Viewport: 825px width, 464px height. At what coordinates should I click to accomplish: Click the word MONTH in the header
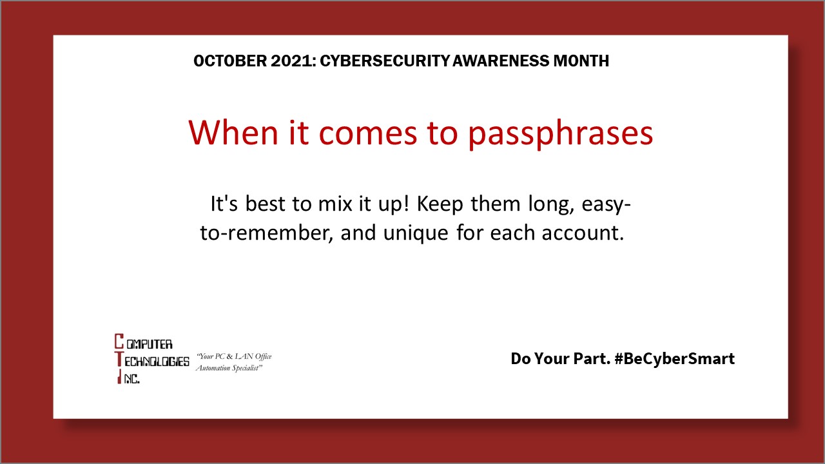click(581, 61)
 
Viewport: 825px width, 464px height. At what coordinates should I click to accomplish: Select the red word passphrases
click(560, 133)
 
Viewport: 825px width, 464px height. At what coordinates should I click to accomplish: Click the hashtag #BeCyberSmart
click(674, 358)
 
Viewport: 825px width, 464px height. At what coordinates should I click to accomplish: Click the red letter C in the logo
click(119, 341)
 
